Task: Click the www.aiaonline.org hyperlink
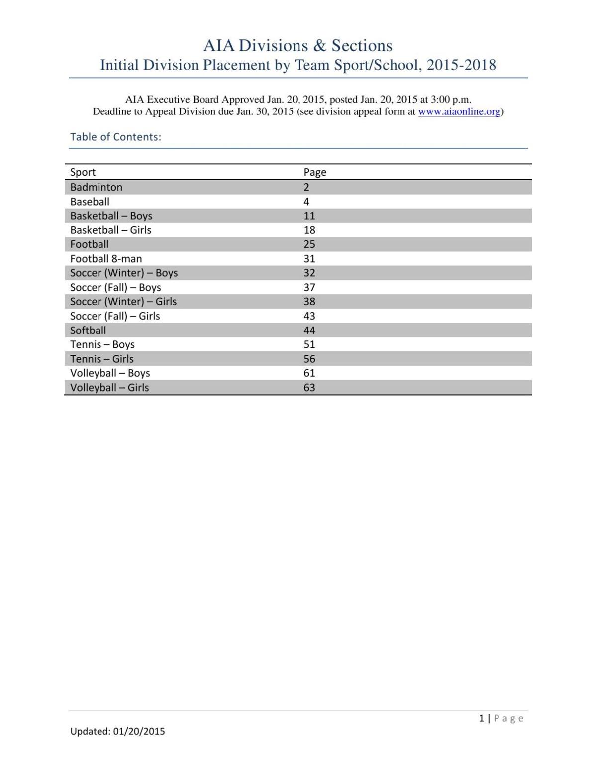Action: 459,111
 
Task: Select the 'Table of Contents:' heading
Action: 115,137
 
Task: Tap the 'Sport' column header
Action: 83,172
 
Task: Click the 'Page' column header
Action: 315,172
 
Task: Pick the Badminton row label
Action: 96,187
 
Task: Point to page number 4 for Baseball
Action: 306,202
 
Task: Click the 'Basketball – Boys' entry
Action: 111,216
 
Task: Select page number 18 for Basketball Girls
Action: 309,230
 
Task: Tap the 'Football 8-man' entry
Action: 106,259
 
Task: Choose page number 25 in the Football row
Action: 309,244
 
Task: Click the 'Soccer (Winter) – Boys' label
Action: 124,273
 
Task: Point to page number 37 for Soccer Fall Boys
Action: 309,287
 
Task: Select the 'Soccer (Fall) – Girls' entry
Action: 115,316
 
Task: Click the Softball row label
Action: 88,331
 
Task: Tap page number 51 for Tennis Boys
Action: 309,344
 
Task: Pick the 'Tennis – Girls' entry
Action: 101,359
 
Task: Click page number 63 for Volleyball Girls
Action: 309,388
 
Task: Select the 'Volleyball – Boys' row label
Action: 110,373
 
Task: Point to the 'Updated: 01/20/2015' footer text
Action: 117,731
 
